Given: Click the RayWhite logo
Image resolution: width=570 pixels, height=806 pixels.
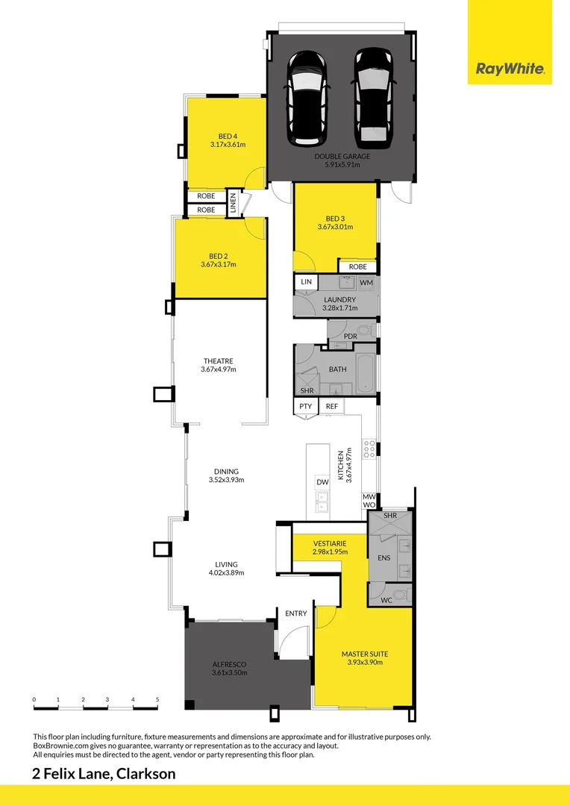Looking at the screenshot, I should click(x=510, y=70).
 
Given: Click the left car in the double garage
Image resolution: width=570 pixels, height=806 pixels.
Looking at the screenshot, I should click(x=306, y=97).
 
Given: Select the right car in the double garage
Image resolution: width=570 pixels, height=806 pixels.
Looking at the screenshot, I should click(x=372, y=97).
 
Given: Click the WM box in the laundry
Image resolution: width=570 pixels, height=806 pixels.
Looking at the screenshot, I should click(x=366, y=283).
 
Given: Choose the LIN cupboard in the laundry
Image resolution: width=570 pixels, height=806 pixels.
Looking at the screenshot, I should click(x=306, y=282).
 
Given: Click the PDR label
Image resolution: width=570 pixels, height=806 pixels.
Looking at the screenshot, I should click(x=350, y=337).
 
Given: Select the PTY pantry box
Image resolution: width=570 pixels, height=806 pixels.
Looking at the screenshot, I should click(x=306, y=406).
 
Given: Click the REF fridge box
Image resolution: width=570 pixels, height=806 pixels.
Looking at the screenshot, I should click(x=332, y=406).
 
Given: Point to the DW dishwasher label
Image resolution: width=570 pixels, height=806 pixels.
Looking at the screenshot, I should click(x=322, y=483).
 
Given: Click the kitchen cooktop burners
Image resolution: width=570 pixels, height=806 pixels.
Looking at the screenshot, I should click(x=369, y=449).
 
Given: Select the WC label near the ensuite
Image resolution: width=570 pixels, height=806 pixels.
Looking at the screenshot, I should click(x=386, y=600).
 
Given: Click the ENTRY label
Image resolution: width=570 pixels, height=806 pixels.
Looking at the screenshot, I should click(x=296, y=613).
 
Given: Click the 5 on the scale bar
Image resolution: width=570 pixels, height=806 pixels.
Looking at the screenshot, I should click(x=157, y=699).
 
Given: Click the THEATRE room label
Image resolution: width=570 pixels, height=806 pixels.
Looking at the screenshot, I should click(x=218, y=361).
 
